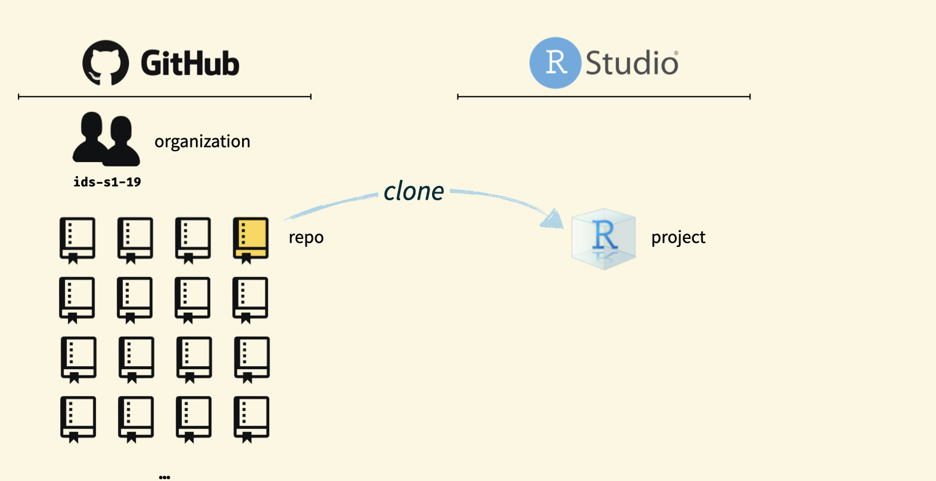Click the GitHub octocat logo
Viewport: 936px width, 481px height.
(x=106, y=63)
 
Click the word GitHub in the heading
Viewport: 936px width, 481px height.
(x=190, y=63)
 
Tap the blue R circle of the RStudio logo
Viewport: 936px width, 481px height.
(x=555, y=63)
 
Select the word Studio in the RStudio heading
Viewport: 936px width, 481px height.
(x=632, y=63)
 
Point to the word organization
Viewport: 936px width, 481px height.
(x=202, y=142)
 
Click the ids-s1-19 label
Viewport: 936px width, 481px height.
(x=107, y=182)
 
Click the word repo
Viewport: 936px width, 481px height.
(x=306, y=237)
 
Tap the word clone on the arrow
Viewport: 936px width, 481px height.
(x=414, y=192)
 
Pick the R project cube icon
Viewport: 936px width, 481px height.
(x=603, y=240)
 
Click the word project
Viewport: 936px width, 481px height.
(x=678, y=237)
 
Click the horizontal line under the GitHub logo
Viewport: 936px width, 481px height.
(x=165, y=96)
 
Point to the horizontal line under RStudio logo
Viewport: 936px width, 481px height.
(x=604, y=96)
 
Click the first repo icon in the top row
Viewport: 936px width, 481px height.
(x=77, y=240)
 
